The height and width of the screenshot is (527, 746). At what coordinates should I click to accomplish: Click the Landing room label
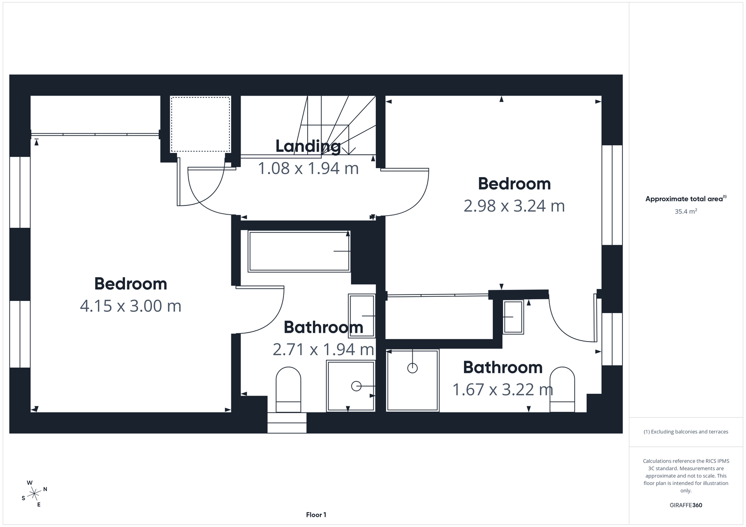tap(308, 146)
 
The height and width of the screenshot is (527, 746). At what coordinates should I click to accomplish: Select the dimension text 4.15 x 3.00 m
tap(131, 306)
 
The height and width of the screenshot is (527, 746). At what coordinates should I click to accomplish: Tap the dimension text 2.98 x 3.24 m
tap(514, 206)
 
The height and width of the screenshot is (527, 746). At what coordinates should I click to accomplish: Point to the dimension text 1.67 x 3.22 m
tap(503, 390)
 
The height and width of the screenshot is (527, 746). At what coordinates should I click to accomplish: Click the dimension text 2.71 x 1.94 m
tap(323, 349)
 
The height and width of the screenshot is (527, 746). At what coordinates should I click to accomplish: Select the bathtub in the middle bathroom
tap(299, 251)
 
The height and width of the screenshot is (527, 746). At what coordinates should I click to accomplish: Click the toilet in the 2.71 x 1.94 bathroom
tap(289, 389)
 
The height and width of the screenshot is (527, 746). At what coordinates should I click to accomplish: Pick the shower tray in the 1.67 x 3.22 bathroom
tap(413, 380)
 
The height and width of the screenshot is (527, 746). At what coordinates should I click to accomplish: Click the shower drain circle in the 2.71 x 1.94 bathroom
tap(356, 386)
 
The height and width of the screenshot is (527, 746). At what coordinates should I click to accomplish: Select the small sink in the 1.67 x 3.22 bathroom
tap(513, 317)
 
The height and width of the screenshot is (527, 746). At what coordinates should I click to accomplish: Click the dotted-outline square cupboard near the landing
tap(200, 124)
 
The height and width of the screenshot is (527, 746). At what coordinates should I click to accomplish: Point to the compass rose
tap(35, 493)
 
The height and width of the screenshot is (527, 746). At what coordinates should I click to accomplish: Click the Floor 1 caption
tap(316, 515)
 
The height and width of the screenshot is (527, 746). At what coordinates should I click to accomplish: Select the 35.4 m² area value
tap(685, 212)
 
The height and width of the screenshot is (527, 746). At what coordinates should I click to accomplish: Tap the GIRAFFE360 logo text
tap(685, 505)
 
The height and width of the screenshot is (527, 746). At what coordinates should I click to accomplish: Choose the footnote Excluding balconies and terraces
tap(685, 432)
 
